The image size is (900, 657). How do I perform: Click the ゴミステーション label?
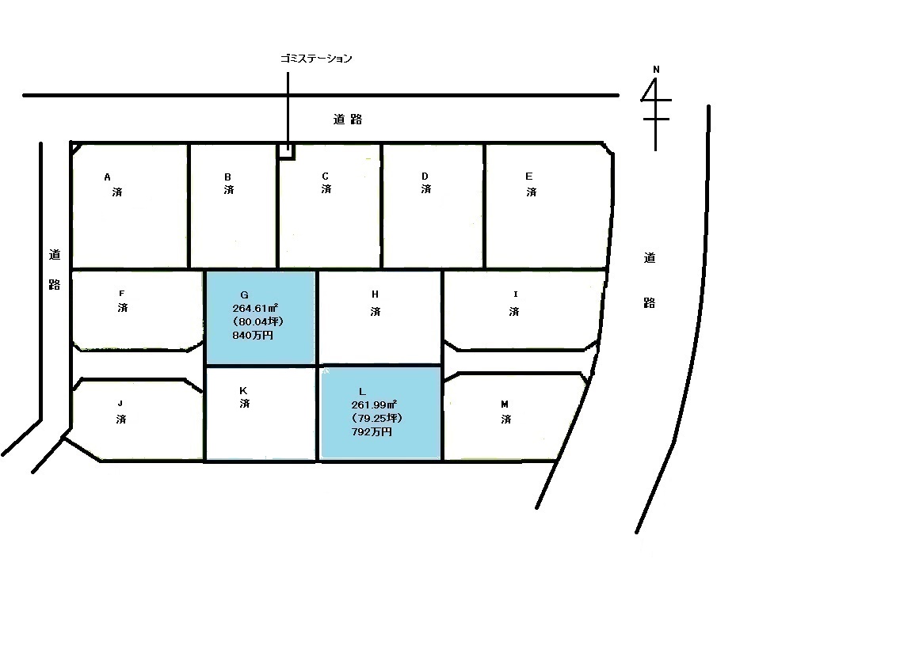point(315,59)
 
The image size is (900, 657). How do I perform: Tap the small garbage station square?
point(287,150)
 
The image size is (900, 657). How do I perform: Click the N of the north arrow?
point(656,70)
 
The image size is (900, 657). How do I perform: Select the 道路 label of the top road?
point(348,120)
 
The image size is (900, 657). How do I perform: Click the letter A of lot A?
point(107,177)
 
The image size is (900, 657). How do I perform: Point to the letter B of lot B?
point(228,177)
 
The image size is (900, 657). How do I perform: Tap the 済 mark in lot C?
point(326,188)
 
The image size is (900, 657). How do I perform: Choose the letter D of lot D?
point(425,176)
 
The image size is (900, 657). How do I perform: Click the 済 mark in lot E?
point(532,192)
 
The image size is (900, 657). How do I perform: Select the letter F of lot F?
point(122,294)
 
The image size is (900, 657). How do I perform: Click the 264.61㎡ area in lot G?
point(255,309)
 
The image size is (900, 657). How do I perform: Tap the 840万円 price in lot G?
point(253,336)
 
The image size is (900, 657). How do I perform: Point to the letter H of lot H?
point(375,294)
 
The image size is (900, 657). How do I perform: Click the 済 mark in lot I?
point(513,311)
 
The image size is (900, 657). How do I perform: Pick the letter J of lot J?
point(120,404)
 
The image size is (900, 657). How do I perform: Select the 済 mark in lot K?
point(245,404)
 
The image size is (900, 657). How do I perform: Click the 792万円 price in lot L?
point(372,431)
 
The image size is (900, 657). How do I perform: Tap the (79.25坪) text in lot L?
point(376,418)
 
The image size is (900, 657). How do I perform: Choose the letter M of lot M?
point(505,404)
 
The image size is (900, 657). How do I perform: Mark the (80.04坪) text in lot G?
point(257,321)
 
